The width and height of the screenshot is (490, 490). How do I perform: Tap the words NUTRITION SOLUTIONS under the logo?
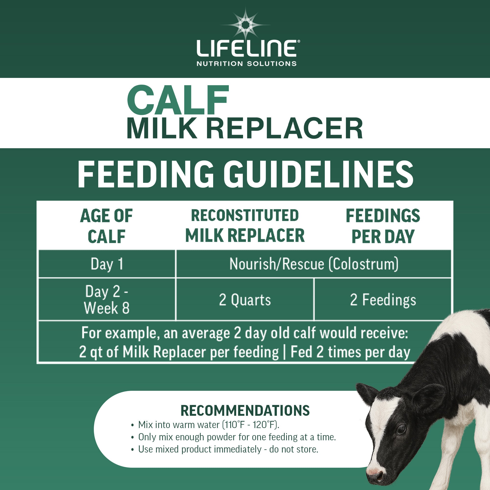246,63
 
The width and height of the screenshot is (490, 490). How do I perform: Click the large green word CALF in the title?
178,100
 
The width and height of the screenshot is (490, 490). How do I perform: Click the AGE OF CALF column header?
106,226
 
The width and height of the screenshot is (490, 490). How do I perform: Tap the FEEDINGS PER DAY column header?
383,226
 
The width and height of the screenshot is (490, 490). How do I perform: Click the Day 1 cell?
107,264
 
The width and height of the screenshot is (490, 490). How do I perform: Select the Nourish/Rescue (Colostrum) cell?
314,264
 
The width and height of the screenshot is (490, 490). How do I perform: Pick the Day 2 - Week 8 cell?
107,300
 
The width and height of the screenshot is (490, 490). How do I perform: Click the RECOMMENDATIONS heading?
245,411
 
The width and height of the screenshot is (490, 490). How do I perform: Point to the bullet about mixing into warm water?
208,425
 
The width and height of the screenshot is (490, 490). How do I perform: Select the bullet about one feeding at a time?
237,437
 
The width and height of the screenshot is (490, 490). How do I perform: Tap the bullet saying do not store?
228,449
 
